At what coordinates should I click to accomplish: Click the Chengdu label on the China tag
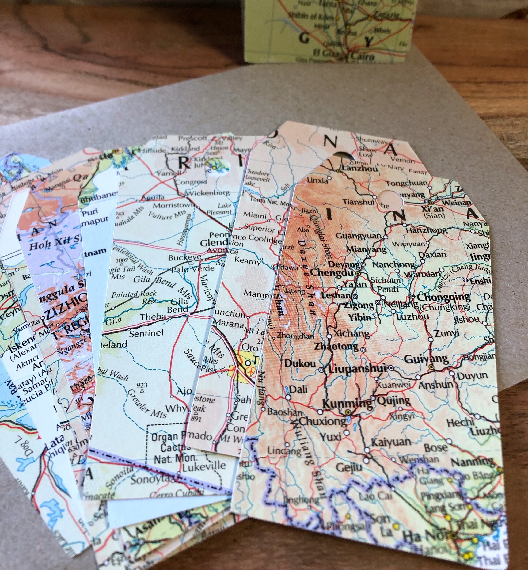click(x=331, y=272)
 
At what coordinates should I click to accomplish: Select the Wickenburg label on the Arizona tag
click(x=208, y=193)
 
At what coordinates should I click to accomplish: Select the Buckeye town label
click(x=184, y=258)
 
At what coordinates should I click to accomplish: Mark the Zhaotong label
click(x=336, y=346)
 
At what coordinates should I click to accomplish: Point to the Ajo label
click(x=184, y=391)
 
